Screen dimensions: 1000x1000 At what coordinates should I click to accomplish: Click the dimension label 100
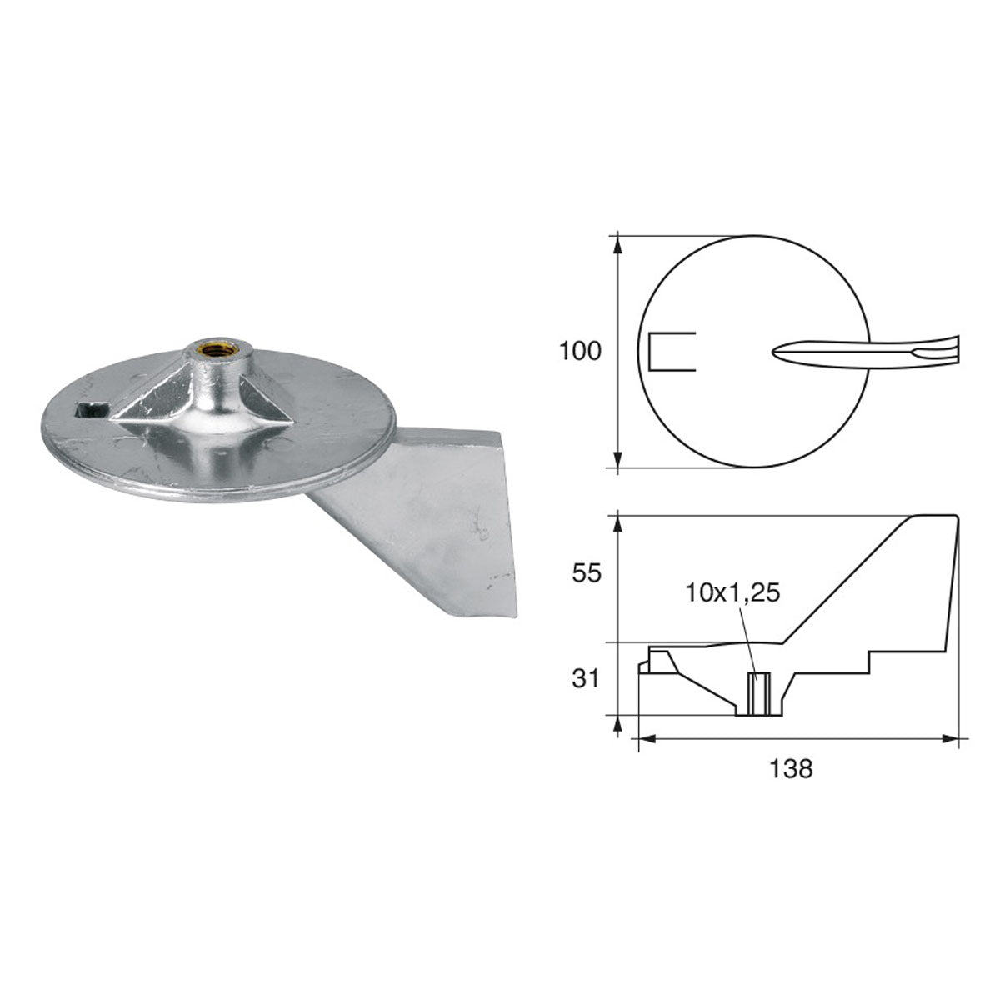580,351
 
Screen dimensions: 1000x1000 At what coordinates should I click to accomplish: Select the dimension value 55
581,573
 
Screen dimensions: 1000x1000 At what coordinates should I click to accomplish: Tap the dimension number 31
586,679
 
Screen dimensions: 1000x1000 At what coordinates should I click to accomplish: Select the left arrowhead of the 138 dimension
643,737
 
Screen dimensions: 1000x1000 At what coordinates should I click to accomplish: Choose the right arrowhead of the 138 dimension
951,737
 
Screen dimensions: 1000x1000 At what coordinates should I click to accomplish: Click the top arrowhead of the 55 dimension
617,522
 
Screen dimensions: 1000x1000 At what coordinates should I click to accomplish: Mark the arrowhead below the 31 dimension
617,725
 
